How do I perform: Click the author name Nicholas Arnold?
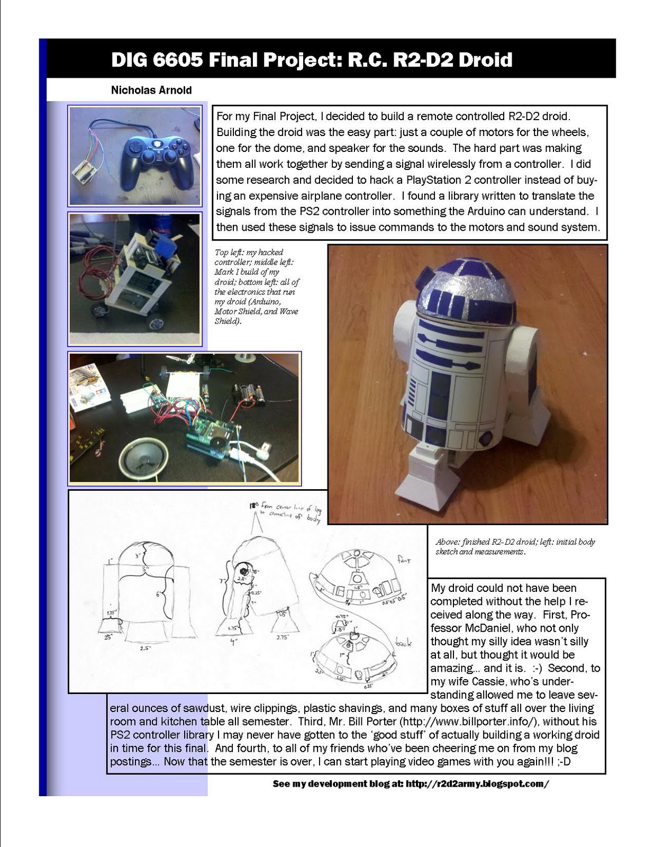[x=151, y=90]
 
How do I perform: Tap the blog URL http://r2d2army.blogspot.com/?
[x=477, y=783]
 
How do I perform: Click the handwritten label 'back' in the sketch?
[x=404, y=643]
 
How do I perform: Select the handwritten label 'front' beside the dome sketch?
[x=404, y=560]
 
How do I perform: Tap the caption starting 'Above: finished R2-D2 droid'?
[x=515, y=546]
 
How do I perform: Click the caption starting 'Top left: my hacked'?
[x=257, y=286]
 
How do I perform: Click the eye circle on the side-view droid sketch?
[x=243, y=572]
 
